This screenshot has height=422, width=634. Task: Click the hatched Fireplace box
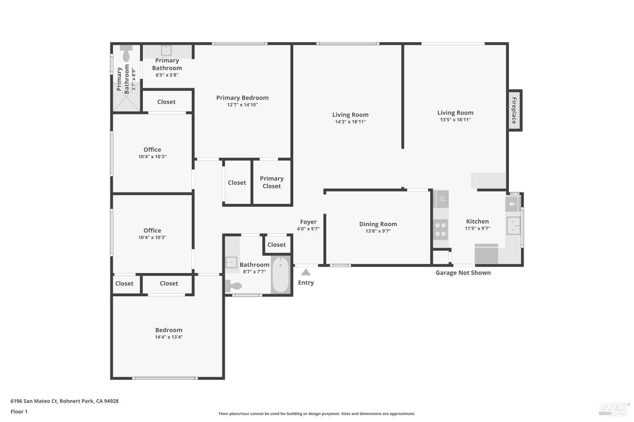tap(514, 110)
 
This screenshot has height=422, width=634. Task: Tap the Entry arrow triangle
tap(306, 273)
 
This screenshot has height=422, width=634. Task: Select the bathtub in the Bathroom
tap(280, 274)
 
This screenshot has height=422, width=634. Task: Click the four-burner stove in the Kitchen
tap(440, 229)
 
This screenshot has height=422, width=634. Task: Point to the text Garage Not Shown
tap(463, 273)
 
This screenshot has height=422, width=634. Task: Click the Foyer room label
tap(308, 222)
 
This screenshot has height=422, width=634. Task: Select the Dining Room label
tap(378, 224)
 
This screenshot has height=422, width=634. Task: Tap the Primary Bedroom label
tap(242, 97)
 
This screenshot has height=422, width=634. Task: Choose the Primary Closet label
tap(271, 182)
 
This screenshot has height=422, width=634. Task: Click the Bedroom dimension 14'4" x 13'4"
tap(169, 337)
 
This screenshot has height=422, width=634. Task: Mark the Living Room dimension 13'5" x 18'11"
tap(455, 120)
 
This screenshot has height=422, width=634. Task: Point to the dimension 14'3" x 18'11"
tap(350, 122)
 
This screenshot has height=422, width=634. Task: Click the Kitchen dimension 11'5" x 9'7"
tap(477, 228)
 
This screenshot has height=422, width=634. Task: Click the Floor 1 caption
tap(19, 411)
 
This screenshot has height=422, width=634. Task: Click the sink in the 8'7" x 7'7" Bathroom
tap(231, 262)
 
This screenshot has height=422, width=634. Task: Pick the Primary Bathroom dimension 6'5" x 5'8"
tap(167, 75)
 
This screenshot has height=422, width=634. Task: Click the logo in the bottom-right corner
tap(613, 409)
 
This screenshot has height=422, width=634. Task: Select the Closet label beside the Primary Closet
tap(237, 183)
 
